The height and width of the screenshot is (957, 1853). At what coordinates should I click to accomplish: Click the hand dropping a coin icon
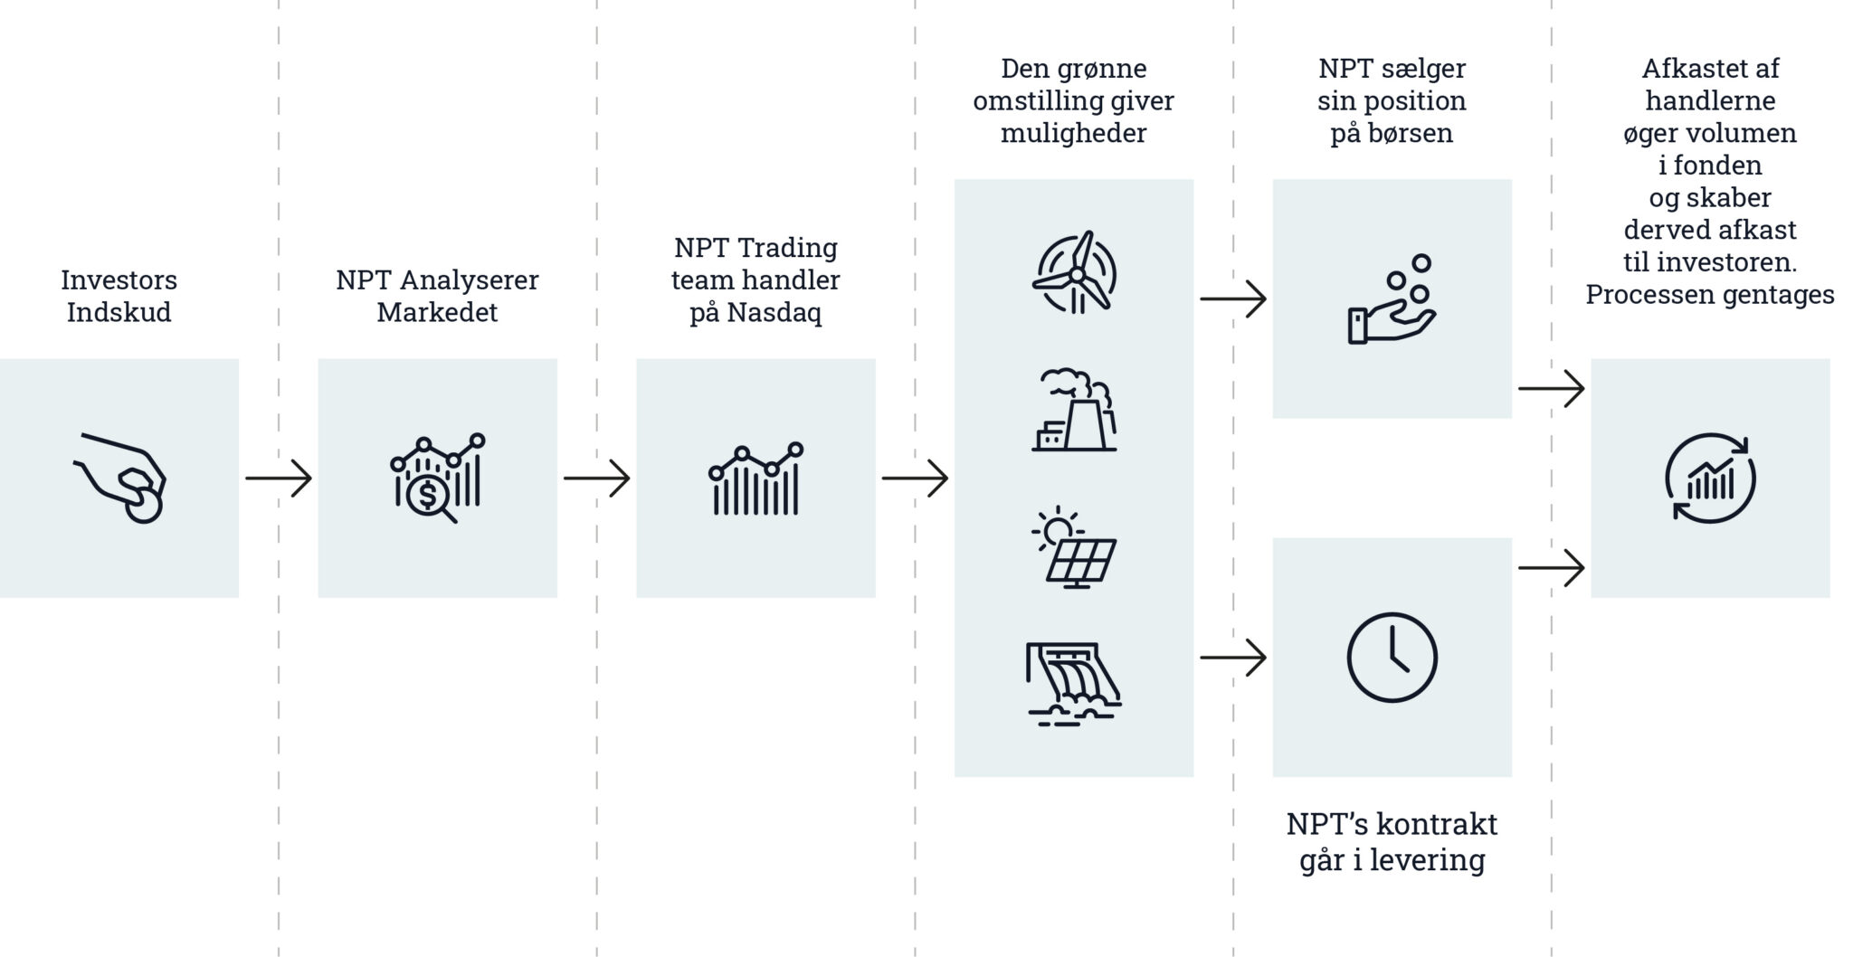tap(119, 478)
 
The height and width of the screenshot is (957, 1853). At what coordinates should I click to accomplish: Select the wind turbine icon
tap(1075, 272)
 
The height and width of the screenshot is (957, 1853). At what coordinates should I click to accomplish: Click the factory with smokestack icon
tap(1075, 409)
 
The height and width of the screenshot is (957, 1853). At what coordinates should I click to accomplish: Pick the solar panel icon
tap(1075, 548)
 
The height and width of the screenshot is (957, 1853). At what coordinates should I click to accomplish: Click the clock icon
tap(1392, 658)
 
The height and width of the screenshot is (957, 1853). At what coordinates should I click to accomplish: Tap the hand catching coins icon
tap(1392, 299)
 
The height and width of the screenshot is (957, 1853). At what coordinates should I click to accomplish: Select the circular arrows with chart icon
tap(1710, 478)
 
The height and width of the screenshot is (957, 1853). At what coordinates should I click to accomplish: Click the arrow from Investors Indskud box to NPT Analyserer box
tap(279, 478)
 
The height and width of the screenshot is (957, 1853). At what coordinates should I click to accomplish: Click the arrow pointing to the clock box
tap(1233, 658)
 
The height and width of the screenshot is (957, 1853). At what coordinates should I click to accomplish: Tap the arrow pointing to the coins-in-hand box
tap(1233, 299)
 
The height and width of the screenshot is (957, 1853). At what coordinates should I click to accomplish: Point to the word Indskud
tap(119, 312)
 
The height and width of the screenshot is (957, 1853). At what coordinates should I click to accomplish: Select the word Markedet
tap(438, 312)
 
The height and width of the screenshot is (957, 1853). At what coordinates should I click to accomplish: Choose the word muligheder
tap(1074, 134)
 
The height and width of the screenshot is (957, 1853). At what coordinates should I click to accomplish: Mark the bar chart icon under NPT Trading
tap(756, 478)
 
